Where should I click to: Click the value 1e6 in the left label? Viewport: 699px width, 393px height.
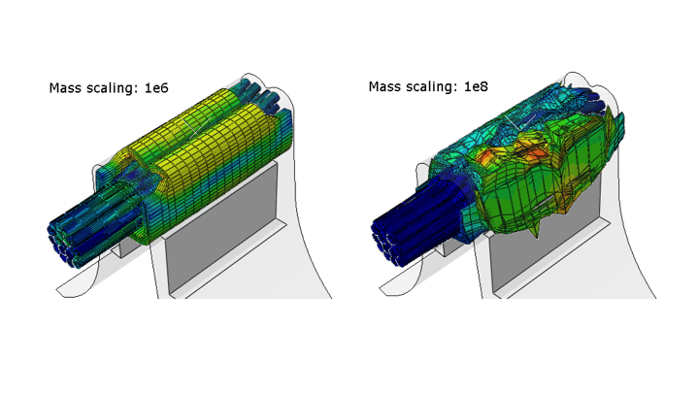click(156, 87)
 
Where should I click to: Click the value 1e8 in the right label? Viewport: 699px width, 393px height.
click(476, 86)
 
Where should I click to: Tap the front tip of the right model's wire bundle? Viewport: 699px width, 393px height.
click(384, 243)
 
